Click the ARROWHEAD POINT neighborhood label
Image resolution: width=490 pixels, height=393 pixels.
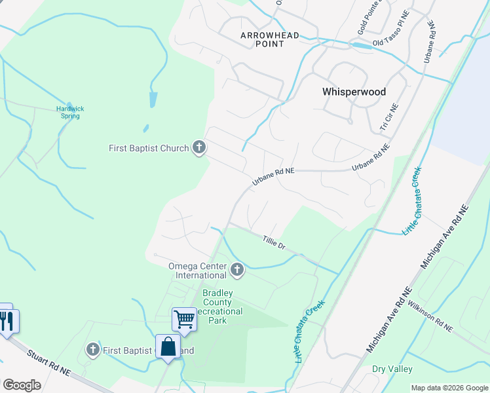pyautogui.click(x=270, y=39)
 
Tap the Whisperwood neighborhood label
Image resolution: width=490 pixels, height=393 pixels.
pyautogui.click(x=354, y=92)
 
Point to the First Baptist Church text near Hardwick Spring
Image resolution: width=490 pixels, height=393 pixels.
pyautogui.click(x=149, y=148)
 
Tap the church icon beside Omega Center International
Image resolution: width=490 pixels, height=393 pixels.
pyautogui.click(x=237, y=269)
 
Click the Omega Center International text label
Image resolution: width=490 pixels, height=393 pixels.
pyautogui.click(x=197, y=271)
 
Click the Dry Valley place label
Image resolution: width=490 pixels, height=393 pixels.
pyautogui.click(x=392, y=369)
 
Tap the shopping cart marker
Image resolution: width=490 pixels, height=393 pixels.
pyautogui.click(x=184, y=320)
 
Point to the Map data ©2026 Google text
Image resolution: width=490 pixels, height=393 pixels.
pyautogui.click(x=449, y=388)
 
